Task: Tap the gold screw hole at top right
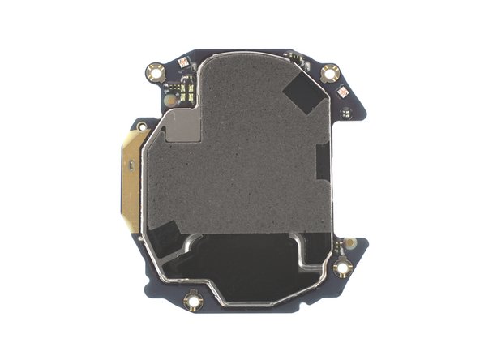(x=329, y=74)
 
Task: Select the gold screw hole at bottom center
(x=193, y=302)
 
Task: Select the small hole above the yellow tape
(x=142, y=126)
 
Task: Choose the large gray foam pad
(x=243, y=146)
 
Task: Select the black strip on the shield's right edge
(x=323, y=162)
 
